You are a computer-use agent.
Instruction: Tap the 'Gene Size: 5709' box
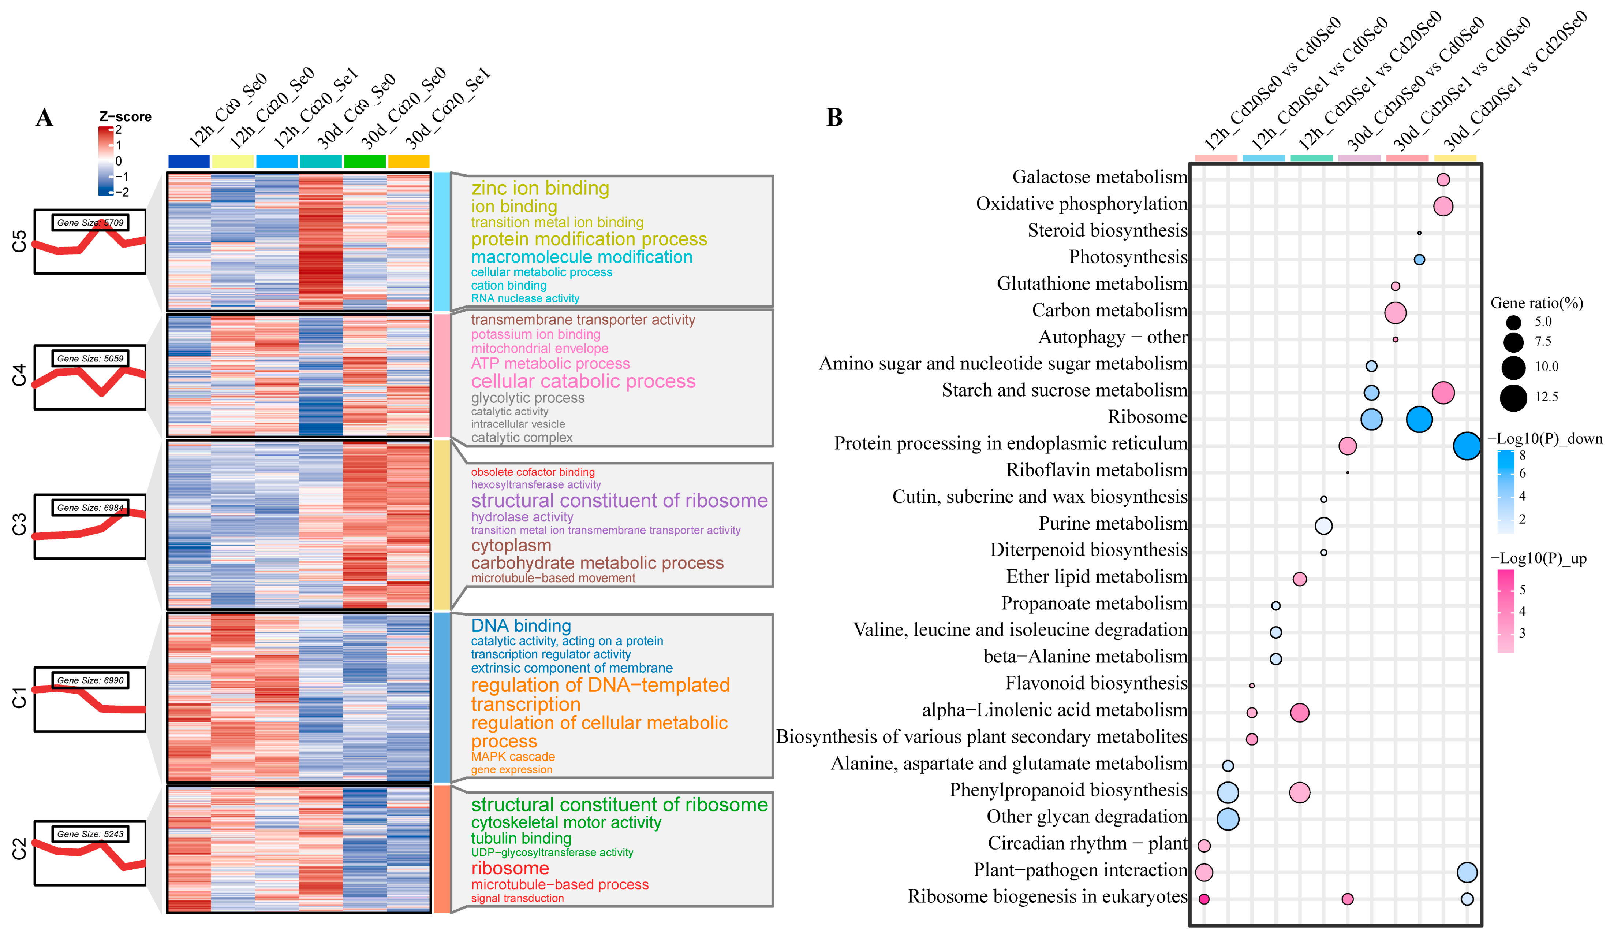[90, 223]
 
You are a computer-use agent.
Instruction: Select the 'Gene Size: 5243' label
[90, 834]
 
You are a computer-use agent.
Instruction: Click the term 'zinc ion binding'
[540, 189]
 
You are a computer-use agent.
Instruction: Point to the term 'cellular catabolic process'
[583, 381]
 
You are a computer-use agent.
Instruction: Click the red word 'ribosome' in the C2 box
[510, 868]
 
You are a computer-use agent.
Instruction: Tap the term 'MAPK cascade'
[512, 756]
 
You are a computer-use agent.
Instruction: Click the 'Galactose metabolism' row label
[1099, 177]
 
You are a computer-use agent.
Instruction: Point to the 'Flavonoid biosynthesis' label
[1096, 683]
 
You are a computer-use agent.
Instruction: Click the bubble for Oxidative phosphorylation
[1443, 206]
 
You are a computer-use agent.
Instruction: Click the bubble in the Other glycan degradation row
[1227, 819]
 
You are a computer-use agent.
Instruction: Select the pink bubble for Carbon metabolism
[1395, 313]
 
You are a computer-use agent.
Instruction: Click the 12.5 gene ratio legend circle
[1513, 398]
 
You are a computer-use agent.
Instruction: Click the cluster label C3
[19, 524]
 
